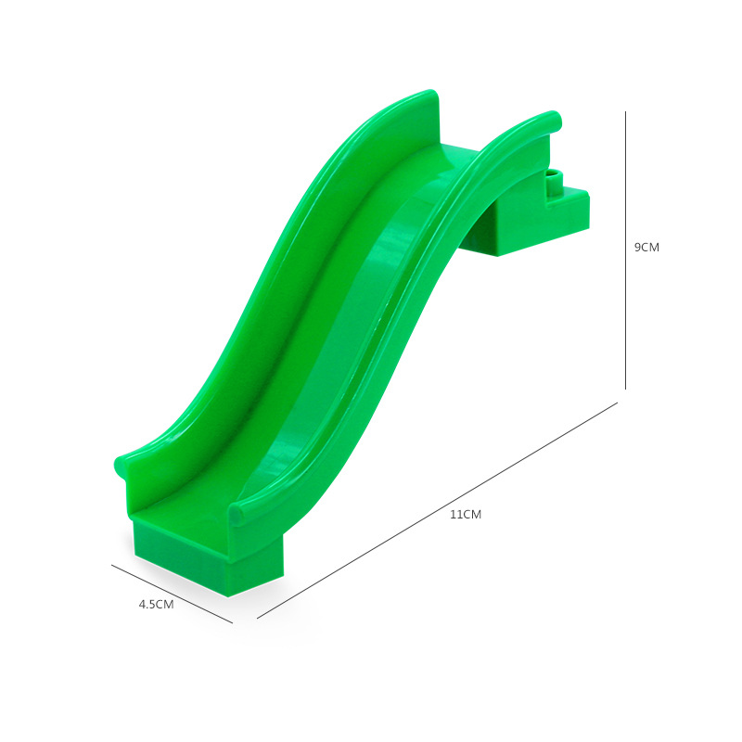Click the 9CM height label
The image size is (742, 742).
tap(646, 247)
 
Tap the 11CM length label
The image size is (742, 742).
tap(466, 515)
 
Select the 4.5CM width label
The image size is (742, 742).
tap(156, 605)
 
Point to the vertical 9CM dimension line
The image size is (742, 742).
tap(625, 250)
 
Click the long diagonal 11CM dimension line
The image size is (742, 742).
tap(437, 510)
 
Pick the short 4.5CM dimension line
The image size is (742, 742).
tap(173, 594)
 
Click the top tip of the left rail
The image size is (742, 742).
tap(430, 91)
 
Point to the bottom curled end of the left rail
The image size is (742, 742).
tap(122, 467)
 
